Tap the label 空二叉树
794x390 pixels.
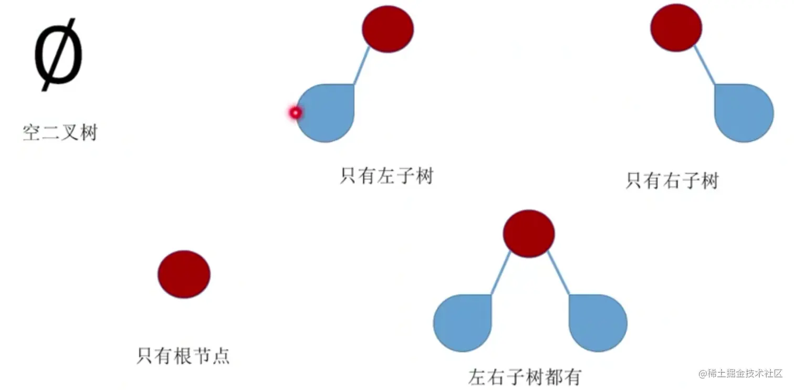(x=60, y=132)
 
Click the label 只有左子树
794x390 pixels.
(x=386, y=175)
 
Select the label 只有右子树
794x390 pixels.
(x=672, y=181)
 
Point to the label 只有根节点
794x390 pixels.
(x=183, y=356)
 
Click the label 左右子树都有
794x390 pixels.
(x=525, y=376)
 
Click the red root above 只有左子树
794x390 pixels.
(x=388, y=29)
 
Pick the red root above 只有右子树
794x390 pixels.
(x=676, y=28)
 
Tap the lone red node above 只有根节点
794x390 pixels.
(x=184, y=274)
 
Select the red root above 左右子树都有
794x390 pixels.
(x=528, y=234)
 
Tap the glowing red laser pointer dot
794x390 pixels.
(x=295, y=112)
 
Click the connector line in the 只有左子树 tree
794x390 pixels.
(x=362, y=67)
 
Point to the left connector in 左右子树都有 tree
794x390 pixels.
(x=500, y=273)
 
